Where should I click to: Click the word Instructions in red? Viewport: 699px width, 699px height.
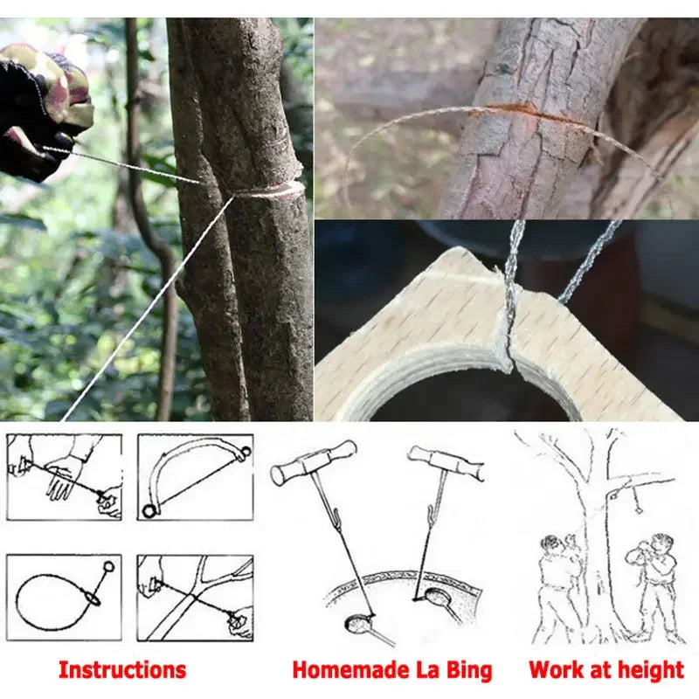pos(122,670)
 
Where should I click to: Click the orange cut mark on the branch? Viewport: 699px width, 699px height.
pos(516,111)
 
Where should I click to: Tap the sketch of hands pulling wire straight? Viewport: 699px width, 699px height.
pos(64,476)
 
